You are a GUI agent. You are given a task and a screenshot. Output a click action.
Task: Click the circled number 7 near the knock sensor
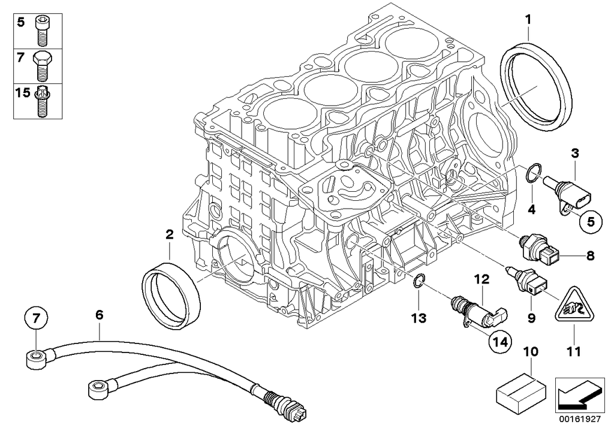(x=35, y=318)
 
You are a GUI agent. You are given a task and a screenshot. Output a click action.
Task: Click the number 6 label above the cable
(x=100, y=314)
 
